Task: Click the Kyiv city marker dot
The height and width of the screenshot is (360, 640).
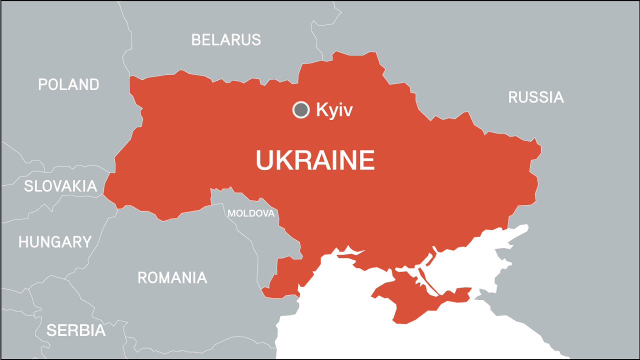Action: tap(300, 109)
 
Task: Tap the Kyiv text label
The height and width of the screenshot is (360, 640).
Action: tap(334, 110)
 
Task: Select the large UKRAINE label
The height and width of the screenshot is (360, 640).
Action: tap(315, 160)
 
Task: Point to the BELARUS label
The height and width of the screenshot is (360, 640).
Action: tap(226, 40)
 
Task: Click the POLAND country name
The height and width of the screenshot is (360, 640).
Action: tap(68, 84)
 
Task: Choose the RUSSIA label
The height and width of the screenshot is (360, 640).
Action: tap(535, 97)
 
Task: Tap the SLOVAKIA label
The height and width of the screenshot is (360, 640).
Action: tap(60, 186)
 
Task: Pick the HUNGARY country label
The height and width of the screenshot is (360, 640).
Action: tap(55, 242)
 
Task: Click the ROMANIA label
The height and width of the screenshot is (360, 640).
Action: tap(172, 277)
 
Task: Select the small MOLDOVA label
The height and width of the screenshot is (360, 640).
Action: tap(251, 213)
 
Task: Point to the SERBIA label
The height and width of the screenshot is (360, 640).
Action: tap(76, 330)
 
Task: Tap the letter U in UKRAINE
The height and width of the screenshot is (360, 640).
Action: tap(265, 160)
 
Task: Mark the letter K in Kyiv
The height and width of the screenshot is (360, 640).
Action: tap(321, 110)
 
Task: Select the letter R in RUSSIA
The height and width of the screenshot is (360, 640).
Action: tap(513, 97)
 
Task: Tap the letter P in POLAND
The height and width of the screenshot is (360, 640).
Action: tap(43, 84)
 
